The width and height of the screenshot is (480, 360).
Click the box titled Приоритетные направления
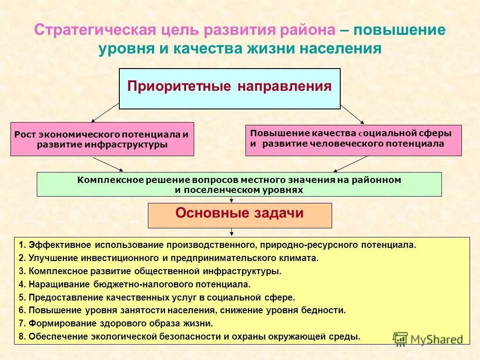(x=229, y=89)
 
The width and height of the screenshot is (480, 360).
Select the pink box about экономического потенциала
(x=102, y=139)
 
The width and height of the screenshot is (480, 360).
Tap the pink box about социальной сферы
(x=353, y=140)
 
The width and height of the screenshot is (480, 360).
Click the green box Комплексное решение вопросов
(x=239, y=184)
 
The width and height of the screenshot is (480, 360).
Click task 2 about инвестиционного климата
(x=173, y=258)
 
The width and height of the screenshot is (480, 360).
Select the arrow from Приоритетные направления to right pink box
(x=352, y=113)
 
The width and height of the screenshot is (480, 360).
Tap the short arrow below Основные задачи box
(x=232, y=232)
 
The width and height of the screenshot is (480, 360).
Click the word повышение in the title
(x=399, y=31)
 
